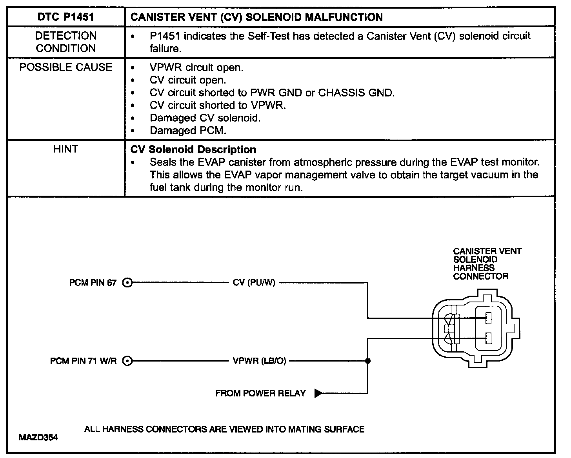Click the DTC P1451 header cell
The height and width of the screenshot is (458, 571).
tap(65, 17)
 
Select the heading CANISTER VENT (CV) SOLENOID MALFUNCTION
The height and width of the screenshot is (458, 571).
tap(256, 17)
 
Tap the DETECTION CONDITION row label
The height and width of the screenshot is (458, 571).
tap(65, 42)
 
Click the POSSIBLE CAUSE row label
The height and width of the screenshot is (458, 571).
tap(65, 67)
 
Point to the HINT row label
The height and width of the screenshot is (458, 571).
tap(65, 149)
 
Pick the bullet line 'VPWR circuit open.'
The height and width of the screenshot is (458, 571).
tap(196, 67)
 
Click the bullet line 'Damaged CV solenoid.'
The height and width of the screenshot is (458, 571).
tap(205, 118)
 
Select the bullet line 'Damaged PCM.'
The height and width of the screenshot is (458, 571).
tap(188, 130)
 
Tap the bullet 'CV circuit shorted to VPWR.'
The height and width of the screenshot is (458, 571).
tap(217, 105)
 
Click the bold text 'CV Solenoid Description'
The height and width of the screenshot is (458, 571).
tap(193, 149)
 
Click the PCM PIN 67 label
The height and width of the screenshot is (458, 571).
tap(93, 283)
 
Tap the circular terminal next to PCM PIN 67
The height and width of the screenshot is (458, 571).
tap(127, 282)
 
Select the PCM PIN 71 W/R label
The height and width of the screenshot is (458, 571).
tap(83, 361)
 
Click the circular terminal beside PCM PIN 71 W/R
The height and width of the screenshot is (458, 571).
tap(127, 361)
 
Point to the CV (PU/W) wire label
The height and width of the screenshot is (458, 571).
tap(254, 283)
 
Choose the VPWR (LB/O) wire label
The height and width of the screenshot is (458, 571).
tap(259, 361)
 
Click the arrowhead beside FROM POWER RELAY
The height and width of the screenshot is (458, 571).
tap(318, 393)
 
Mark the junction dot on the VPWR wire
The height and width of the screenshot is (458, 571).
tap(367, 361)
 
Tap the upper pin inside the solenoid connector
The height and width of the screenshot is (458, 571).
tap(488, 318)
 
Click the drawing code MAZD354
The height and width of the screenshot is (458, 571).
tap(38, 437)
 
